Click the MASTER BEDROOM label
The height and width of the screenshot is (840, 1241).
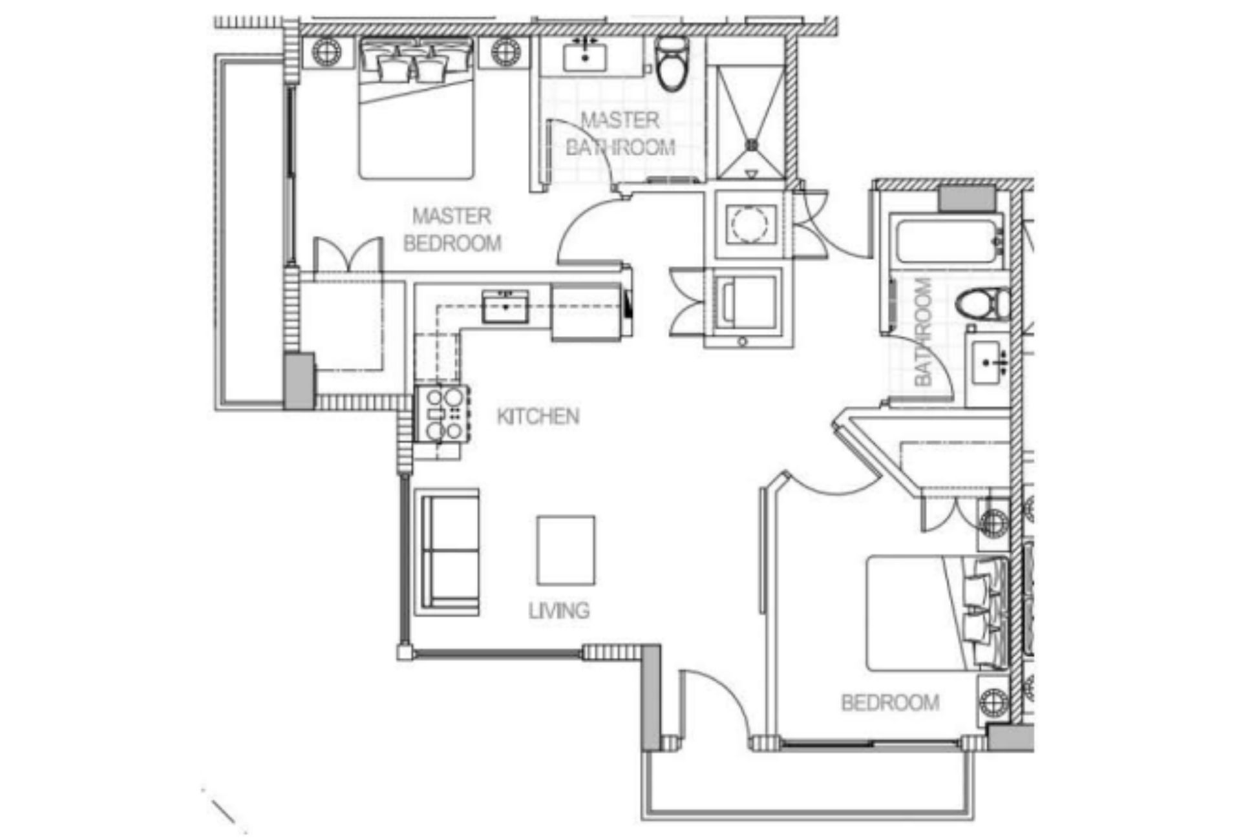[452, 229]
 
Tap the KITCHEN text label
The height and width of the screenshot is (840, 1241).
[538, 416]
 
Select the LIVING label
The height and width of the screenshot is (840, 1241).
[559, 610]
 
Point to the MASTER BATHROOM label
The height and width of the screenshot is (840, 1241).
[620, 134]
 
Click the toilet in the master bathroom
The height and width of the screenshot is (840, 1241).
[672, 63]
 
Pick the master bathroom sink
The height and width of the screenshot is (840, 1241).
[585, 57]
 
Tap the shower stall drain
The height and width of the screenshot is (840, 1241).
[752, 145]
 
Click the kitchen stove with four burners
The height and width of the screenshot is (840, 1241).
[442, 414]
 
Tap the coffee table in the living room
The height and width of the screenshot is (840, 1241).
[566, 550]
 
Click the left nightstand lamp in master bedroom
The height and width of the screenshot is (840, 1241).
[326, 51]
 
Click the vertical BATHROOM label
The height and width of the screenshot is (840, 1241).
[923, 331]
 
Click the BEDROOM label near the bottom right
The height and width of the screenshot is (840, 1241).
[890, 702]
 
